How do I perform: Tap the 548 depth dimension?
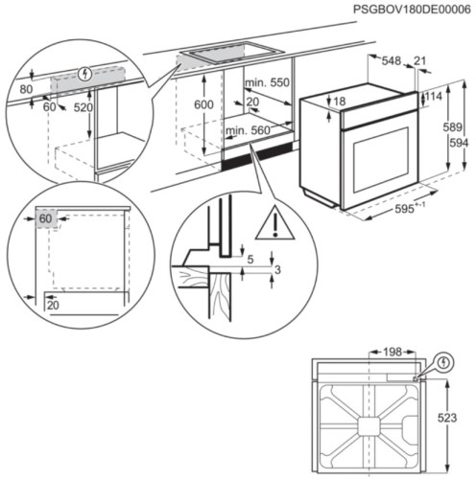point(391,60)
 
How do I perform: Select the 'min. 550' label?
point(267,83)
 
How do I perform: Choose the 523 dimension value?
point(462,419)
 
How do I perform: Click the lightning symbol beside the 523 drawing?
point(441,362)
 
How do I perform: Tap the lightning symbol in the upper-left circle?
point(88,73)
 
